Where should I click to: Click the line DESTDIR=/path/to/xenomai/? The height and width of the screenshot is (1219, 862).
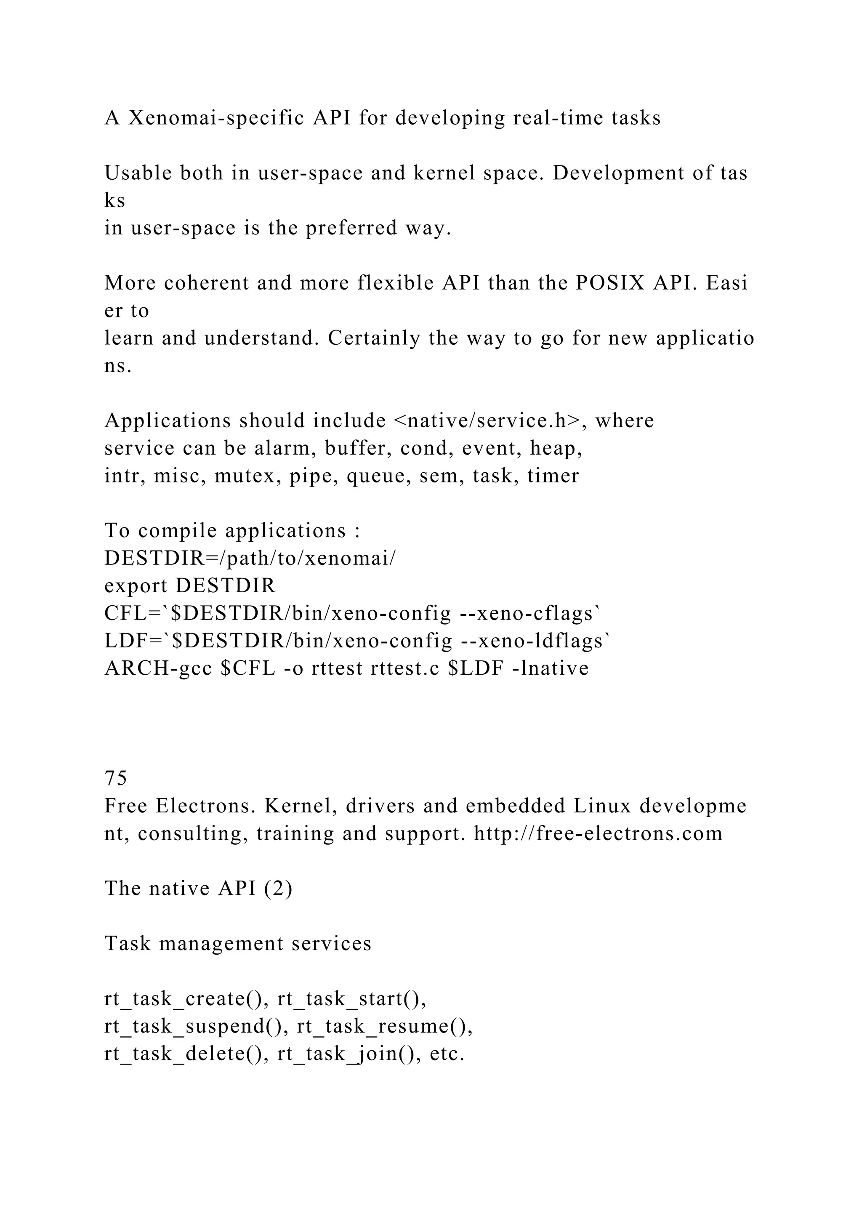(x=250, y=559)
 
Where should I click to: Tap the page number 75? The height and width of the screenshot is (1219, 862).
(x=116, y=778)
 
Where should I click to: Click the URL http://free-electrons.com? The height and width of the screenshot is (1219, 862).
(x=598, y=833)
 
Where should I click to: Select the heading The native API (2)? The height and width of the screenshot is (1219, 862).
(x=198, y=889)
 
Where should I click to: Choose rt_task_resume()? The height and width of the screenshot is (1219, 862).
(x=385, y=1027)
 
